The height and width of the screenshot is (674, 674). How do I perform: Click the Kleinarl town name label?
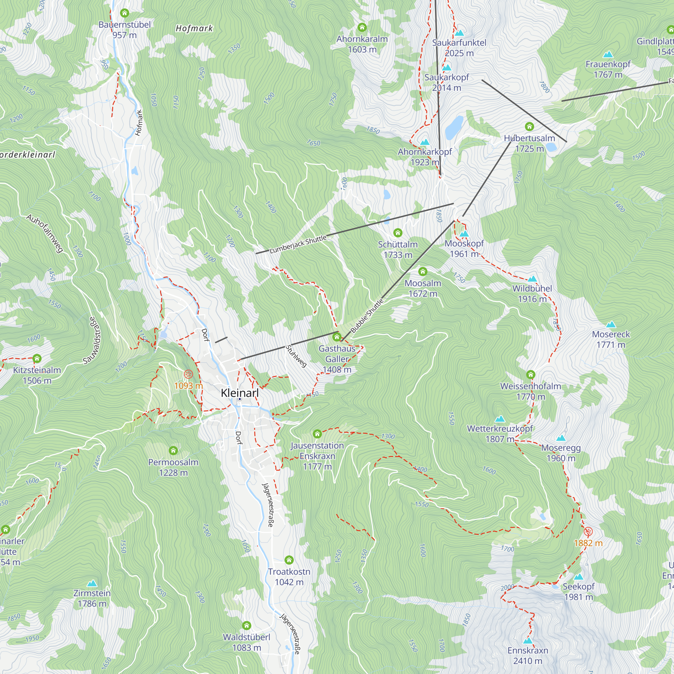click(240, 393)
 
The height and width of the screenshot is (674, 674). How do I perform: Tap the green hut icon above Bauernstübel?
click(125, 13)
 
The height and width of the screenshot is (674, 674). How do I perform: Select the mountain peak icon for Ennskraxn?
click(528, 641)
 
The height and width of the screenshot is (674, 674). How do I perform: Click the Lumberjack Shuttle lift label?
click(298, 244)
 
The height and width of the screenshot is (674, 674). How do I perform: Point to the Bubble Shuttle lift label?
click(367, 316)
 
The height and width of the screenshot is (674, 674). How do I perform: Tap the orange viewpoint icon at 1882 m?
click(588, 532)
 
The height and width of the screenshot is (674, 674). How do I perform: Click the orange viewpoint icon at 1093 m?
click(188, 374)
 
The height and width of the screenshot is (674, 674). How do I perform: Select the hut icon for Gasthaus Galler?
click(337, 337)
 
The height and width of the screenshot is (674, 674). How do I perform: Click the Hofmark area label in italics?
click(194, 29)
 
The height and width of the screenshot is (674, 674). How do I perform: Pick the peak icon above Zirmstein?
click(92, 583)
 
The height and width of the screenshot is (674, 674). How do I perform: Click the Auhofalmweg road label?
click(45, 233)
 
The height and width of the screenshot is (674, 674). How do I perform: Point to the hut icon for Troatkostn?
click(289, 560)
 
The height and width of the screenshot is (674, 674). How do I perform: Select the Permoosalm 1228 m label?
click(173, 467)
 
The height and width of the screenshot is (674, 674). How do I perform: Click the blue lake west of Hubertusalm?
click(454, 127)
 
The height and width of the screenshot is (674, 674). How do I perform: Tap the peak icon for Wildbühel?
click(532, 278)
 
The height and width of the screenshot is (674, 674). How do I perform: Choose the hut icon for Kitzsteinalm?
click(37, 358)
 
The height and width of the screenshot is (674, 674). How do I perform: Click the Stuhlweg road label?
click(296, 356)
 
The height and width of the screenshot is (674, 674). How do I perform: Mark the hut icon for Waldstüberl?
click(247, 625)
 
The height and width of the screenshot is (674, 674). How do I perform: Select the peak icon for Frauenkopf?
click(608, 54)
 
